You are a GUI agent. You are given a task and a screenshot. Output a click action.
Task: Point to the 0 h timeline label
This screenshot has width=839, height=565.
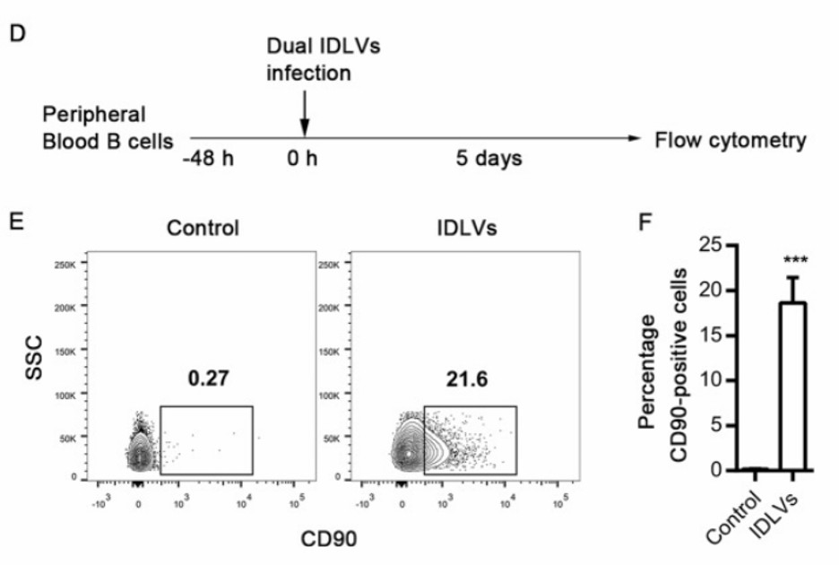(x=302, y=159)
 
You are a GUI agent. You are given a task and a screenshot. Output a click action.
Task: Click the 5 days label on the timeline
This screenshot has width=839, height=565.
(x=488, y=159)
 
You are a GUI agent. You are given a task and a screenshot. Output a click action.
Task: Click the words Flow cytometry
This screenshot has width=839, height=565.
(x=731, y=140)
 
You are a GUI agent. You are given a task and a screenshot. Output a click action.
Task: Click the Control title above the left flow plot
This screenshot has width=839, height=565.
(x=203, y=228)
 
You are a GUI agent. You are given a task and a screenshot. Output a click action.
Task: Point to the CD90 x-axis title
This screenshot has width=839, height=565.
(x=329, y=539)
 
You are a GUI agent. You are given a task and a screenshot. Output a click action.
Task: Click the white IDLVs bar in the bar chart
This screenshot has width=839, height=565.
(x=792, y=386)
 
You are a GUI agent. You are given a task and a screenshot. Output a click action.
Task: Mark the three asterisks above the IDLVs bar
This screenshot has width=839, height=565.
(x=792, y=260)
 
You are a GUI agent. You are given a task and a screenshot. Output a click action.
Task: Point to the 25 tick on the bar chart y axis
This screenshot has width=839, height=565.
(x=710, y=244)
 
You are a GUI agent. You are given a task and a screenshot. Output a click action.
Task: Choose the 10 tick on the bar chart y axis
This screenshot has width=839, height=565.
(x=710, y=379)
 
